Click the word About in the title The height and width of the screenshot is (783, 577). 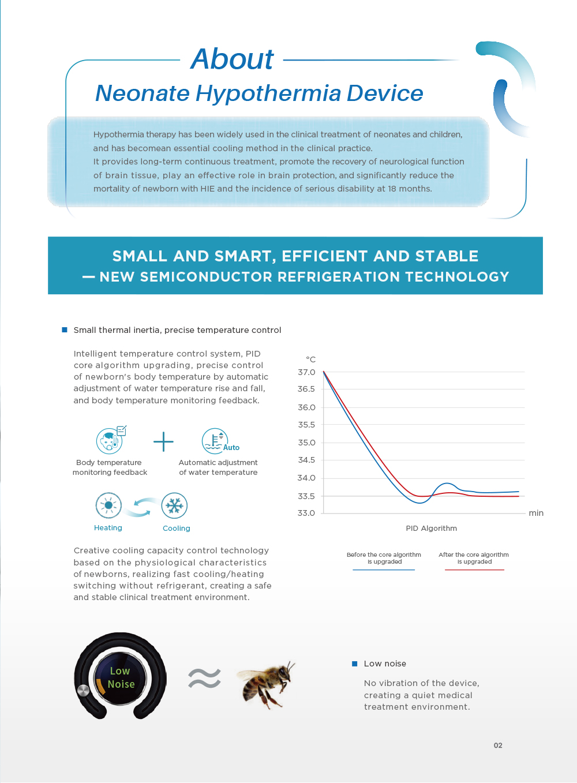pyautogui.click(x=232, y=59)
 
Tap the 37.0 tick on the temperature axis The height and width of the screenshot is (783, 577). pyautogui.click(x=306, y=372)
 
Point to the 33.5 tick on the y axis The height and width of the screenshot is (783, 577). pyautogui.click(x=306, y=496)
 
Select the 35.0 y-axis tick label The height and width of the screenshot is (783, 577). pyautogui.click(x=306, y=443)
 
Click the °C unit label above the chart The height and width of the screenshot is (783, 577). pyautogui.click(x=310, y=359)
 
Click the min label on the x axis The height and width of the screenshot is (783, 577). pyautogui.click(x=536, y=513)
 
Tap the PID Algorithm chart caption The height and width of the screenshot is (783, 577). pyautogui.click(x=431, y=528)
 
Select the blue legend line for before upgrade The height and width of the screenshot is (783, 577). pyautogui.click(x=384, y=570)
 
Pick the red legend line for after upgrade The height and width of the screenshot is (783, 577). pyautogui.click(x=474, y=570)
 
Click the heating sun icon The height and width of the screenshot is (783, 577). pyautogui.click(x=108, y=505)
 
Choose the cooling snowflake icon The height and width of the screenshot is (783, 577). pyautogui.click(x=174, y=506)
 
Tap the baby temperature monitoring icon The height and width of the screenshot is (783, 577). pyautogui.click(x=110, y=441)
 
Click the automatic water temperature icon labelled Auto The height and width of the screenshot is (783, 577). pyautogui.click(x=215, y=441)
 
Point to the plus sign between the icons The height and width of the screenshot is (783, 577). pyautogui.click(x=163, y=441)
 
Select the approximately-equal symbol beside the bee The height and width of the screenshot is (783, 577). pyautogui.click(x=204, y=679)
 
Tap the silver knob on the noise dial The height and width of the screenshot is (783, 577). pyautogui.click(x=84, y=691)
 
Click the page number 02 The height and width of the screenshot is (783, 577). pyautogui.click(x=498, y=745)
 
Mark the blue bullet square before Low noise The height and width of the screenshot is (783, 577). pyautogui.click(x=355, y=664)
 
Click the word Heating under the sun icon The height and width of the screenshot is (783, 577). pyautogui.click(x=108, y=528)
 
